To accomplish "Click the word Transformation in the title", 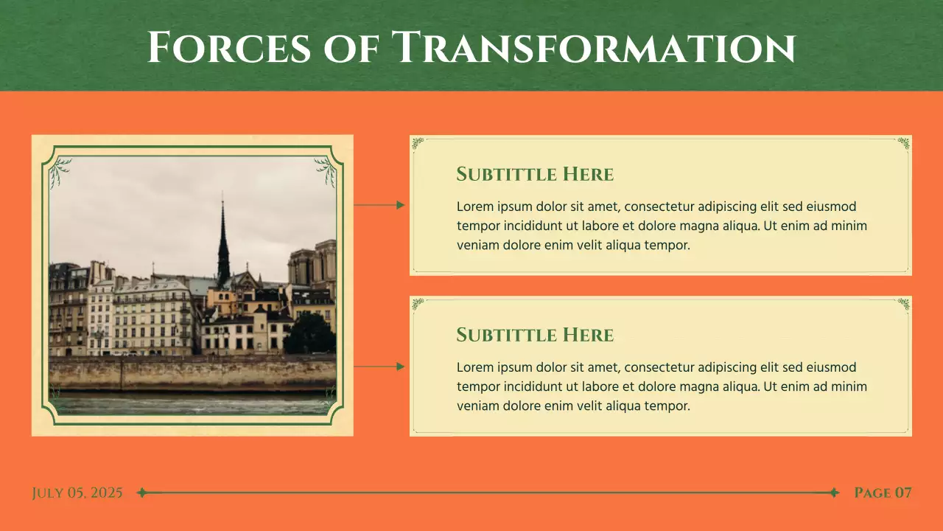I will point(593,47).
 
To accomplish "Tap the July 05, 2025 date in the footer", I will point(77,493).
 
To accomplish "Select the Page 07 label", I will point(883,493).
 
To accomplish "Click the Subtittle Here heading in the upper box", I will point(535,174).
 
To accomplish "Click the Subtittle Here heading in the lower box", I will point(535,335).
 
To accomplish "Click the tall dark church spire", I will point(222,243).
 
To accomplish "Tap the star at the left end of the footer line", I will point(142,493).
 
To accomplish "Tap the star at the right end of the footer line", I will point(834,493).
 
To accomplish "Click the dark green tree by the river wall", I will point(309,336).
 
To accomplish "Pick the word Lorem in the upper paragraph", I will point(474,206).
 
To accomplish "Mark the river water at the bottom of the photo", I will point(192,405).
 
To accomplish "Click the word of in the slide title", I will point(351,47).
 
